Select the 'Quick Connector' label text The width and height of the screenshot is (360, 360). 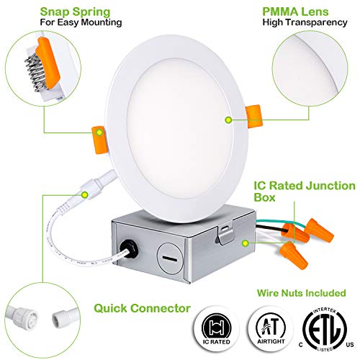[x=143, y=309]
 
